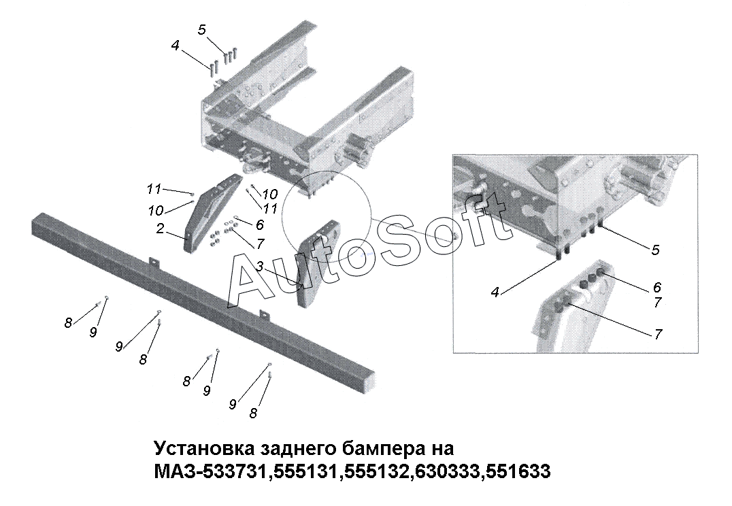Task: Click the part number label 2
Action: click(x=160, y=229)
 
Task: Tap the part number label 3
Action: click(x=260, y=267)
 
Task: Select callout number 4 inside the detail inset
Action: click(x=495, y=292)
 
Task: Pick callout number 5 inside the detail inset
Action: click(x=655, y=250)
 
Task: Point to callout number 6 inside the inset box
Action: click(x=657, y=286)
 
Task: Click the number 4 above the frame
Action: click(x=175, y=46)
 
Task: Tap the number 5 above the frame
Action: click(x=201, y=30)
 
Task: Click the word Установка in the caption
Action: click(x=203, y=448)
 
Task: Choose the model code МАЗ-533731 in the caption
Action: click(x=211, y=471)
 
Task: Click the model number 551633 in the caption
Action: click(x=518, y=471)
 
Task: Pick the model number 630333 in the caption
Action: click(x=447, y=471)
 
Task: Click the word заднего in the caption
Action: click(x=297, y=449)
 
